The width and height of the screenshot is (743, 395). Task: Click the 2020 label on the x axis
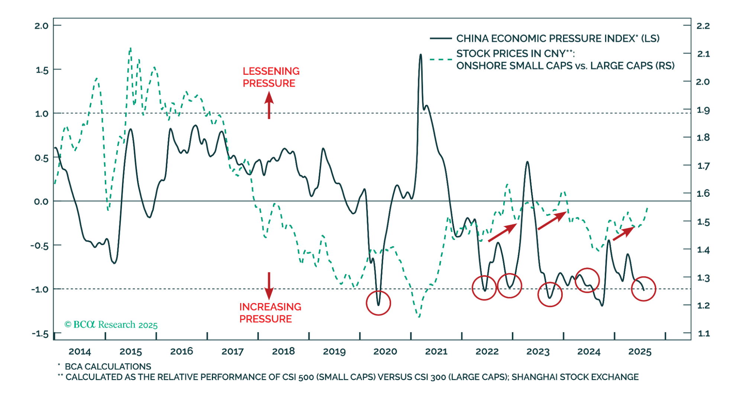coord(385,351)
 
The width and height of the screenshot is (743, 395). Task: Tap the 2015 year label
coord(131,351)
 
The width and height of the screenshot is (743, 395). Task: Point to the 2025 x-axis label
coord(640,351)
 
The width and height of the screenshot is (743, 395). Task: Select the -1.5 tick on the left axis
coord(40,334)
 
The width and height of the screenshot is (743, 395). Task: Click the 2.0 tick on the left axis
coord(41,26)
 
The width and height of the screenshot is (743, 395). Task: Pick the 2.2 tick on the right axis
coord(703,26)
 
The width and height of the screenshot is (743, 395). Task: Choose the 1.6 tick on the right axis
coord(703,193)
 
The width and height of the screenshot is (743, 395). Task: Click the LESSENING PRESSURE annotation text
coord(271,77)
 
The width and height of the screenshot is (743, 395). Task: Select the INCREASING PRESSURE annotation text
coord(270,313)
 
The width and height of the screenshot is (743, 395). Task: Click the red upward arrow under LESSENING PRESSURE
coord(269,105)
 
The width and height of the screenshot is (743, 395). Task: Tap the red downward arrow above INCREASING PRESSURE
coord(269,286)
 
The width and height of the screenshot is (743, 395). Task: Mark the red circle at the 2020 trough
coord(378,303)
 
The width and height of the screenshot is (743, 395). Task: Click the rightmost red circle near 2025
coord(643,289)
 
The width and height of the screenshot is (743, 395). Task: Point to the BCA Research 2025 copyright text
coord(111,325)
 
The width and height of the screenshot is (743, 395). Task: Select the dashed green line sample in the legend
coord(441,60)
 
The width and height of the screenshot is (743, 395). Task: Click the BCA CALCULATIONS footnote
coord(108,366)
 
